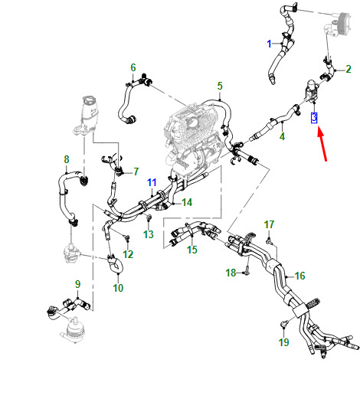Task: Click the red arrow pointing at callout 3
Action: coord(322,144)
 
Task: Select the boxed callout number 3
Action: coord(314,117)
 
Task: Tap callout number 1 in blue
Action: coord(269,44)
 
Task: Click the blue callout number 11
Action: coord(152,182)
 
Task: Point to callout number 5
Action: coord(220,86)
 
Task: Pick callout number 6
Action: coord(133,67)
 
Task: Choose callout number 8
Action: coord(67,159)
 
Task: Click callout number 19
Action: coord(284,342)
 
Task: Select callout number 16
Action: coord(299,276)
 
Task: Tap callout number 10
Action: coord(118,288)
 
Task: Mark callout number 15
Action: coord(192,250)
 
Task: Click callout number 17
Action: coord(269,224)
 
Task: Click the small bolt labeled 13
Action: coord(149,218)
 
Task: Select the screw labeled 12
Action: coord(126,238)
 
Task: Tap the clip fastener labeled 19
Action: coord(283,324)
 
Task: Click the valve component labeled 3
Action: coord(312,92)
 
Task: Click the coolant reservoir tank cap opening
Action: coord(88,100)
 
